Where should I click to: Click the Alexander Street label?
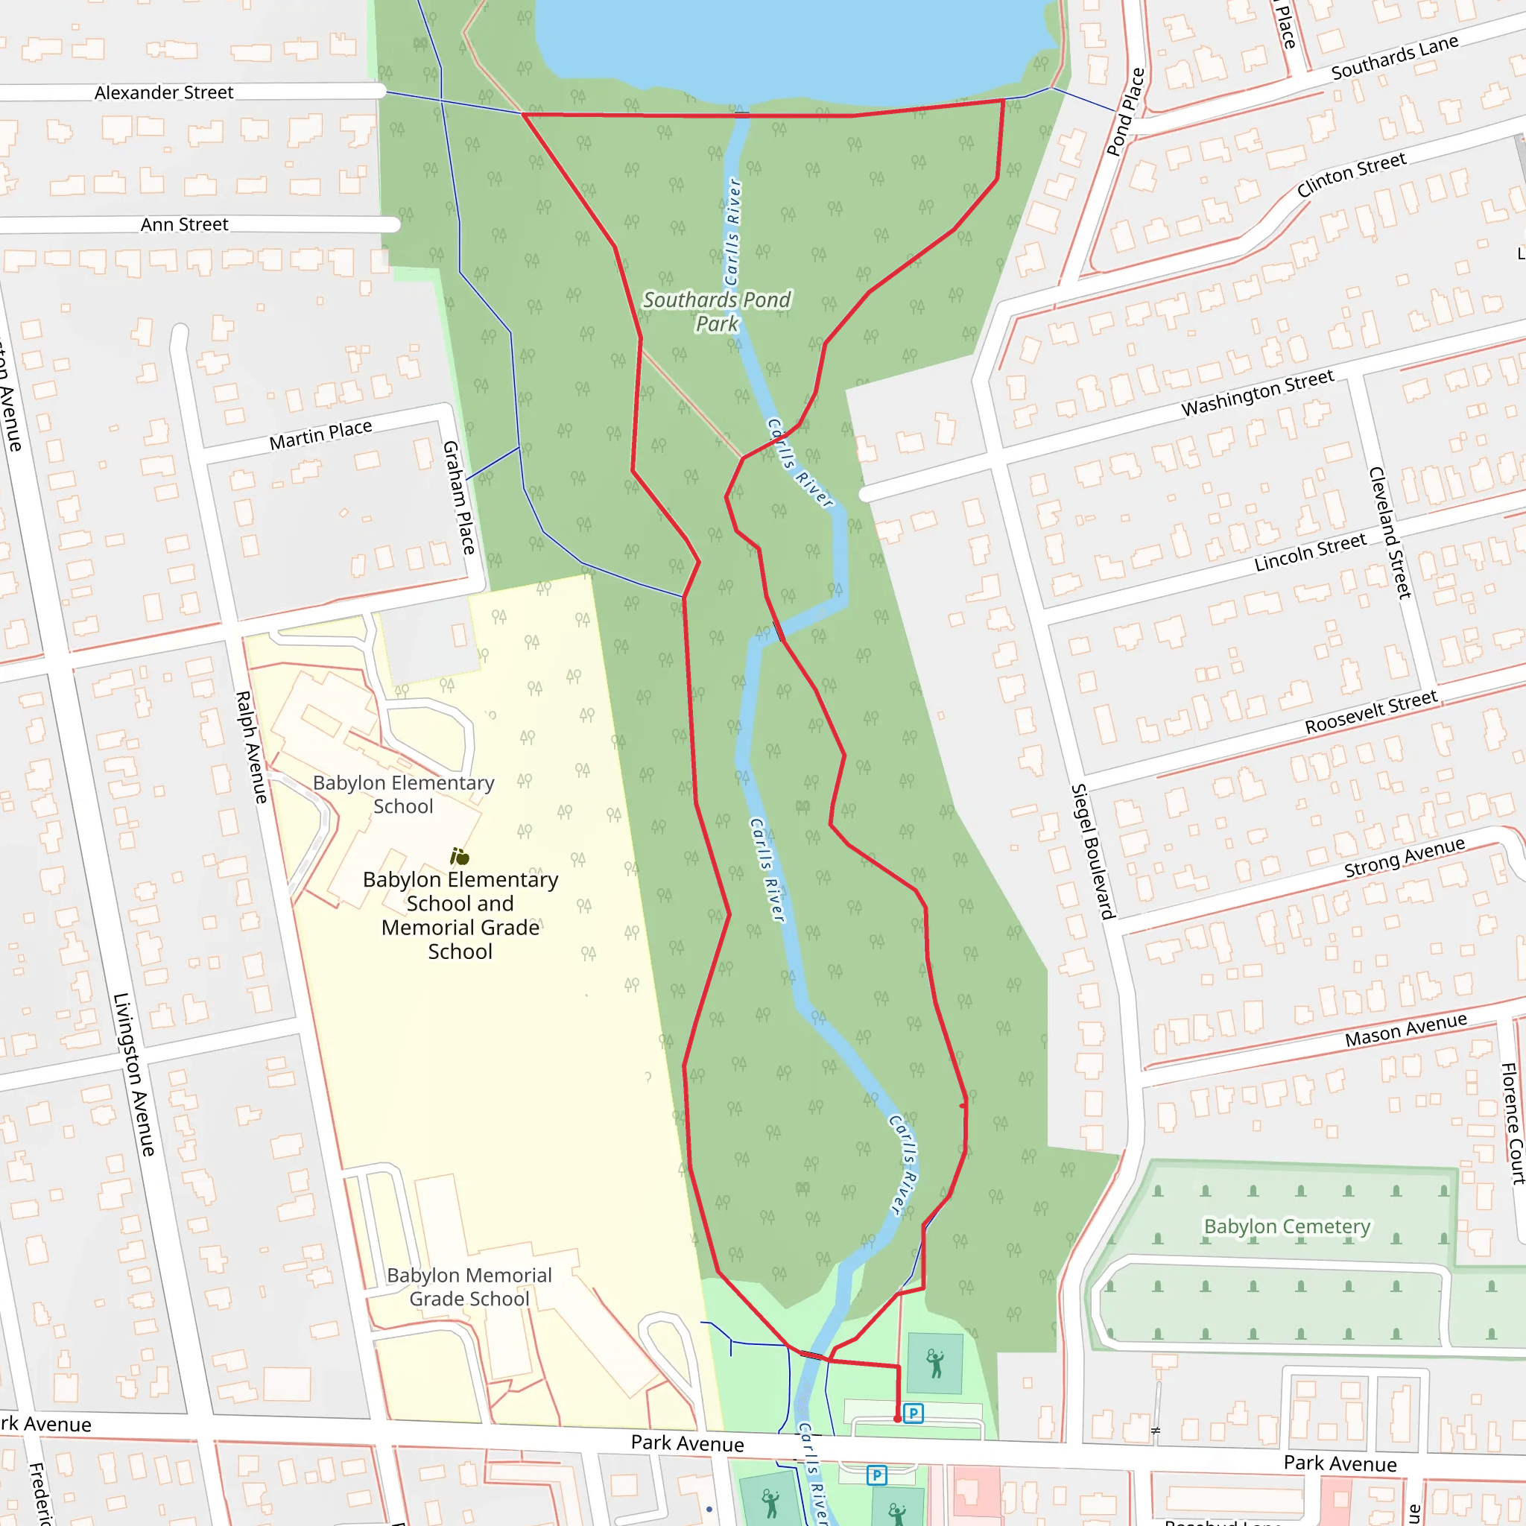tap(163, 92)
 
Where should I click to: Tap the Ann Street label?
tap(184, 224)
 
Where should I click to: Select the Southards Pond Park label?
tap(716, 311)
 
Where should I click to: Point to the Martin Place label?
tap(320, 435)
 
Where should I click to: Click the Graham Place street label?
tap(458, 497)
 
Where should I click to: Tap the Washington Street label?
tap(1257, 393)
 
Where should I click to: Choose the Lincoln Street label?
tap(1310, 552)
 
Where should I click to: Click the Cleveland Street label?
tap(1390, 531)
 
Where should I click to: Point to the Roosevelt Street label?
tap(1370, 712)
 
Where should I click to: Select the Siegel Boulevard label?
tap(1092, 851)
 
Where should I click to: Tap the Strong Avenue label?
tap(1405, 857)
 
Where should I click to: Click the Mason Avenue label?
tap(1406, 1030)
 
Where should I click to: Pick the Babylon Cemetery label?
tap(1287, 1226)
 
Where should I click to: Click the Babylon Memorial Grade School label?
tap(469, 1287)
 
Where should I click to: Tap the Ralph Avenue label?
tap(251, 747)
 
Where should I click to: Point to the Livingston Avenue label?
tap(133, 1074)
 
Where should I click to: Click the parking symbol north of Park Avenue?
tap(913, 1413)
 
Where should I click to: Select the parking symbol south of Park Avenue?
tap(876, 1475)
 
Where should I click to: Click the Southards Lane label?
tap(1394, 57)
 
